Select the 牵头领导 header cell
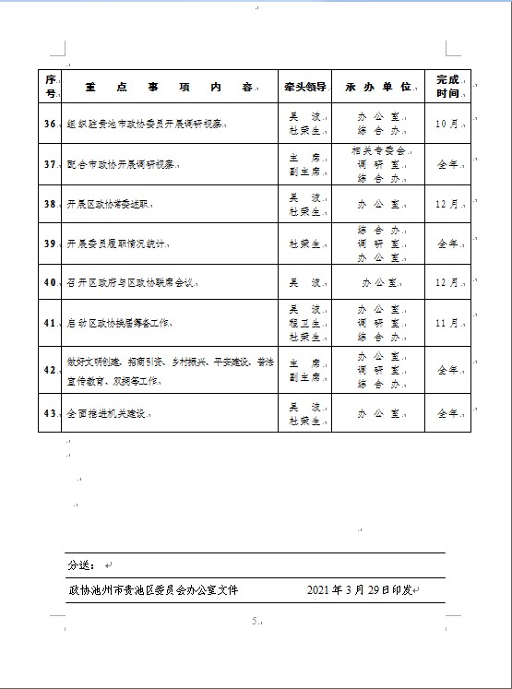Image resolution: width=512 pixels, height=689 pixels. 304,87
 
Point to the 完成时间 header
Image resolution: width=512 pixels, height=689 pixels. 447,87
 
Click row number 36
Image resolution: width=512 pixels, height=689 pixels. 52,124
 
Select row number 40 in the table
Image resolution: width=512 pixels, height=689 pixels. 52,282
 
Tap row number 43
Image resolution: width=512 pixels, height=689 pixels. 52,413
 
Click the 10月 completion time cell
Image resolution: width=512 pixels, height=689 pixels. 447,124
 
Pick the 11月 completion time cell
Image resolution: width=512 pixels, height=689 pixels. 447,324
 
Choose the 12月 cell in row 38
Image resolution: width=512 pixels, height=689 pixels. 447,204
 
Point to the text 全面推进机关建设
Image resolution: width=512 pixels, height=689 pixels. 108,413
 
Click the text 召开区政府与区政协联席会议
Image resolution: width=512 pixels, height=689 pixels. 133,282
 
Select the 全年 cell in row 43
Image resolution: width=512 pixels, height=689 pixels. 447,413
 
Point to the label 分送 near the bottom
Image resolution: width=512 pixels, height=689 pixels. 79,564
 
